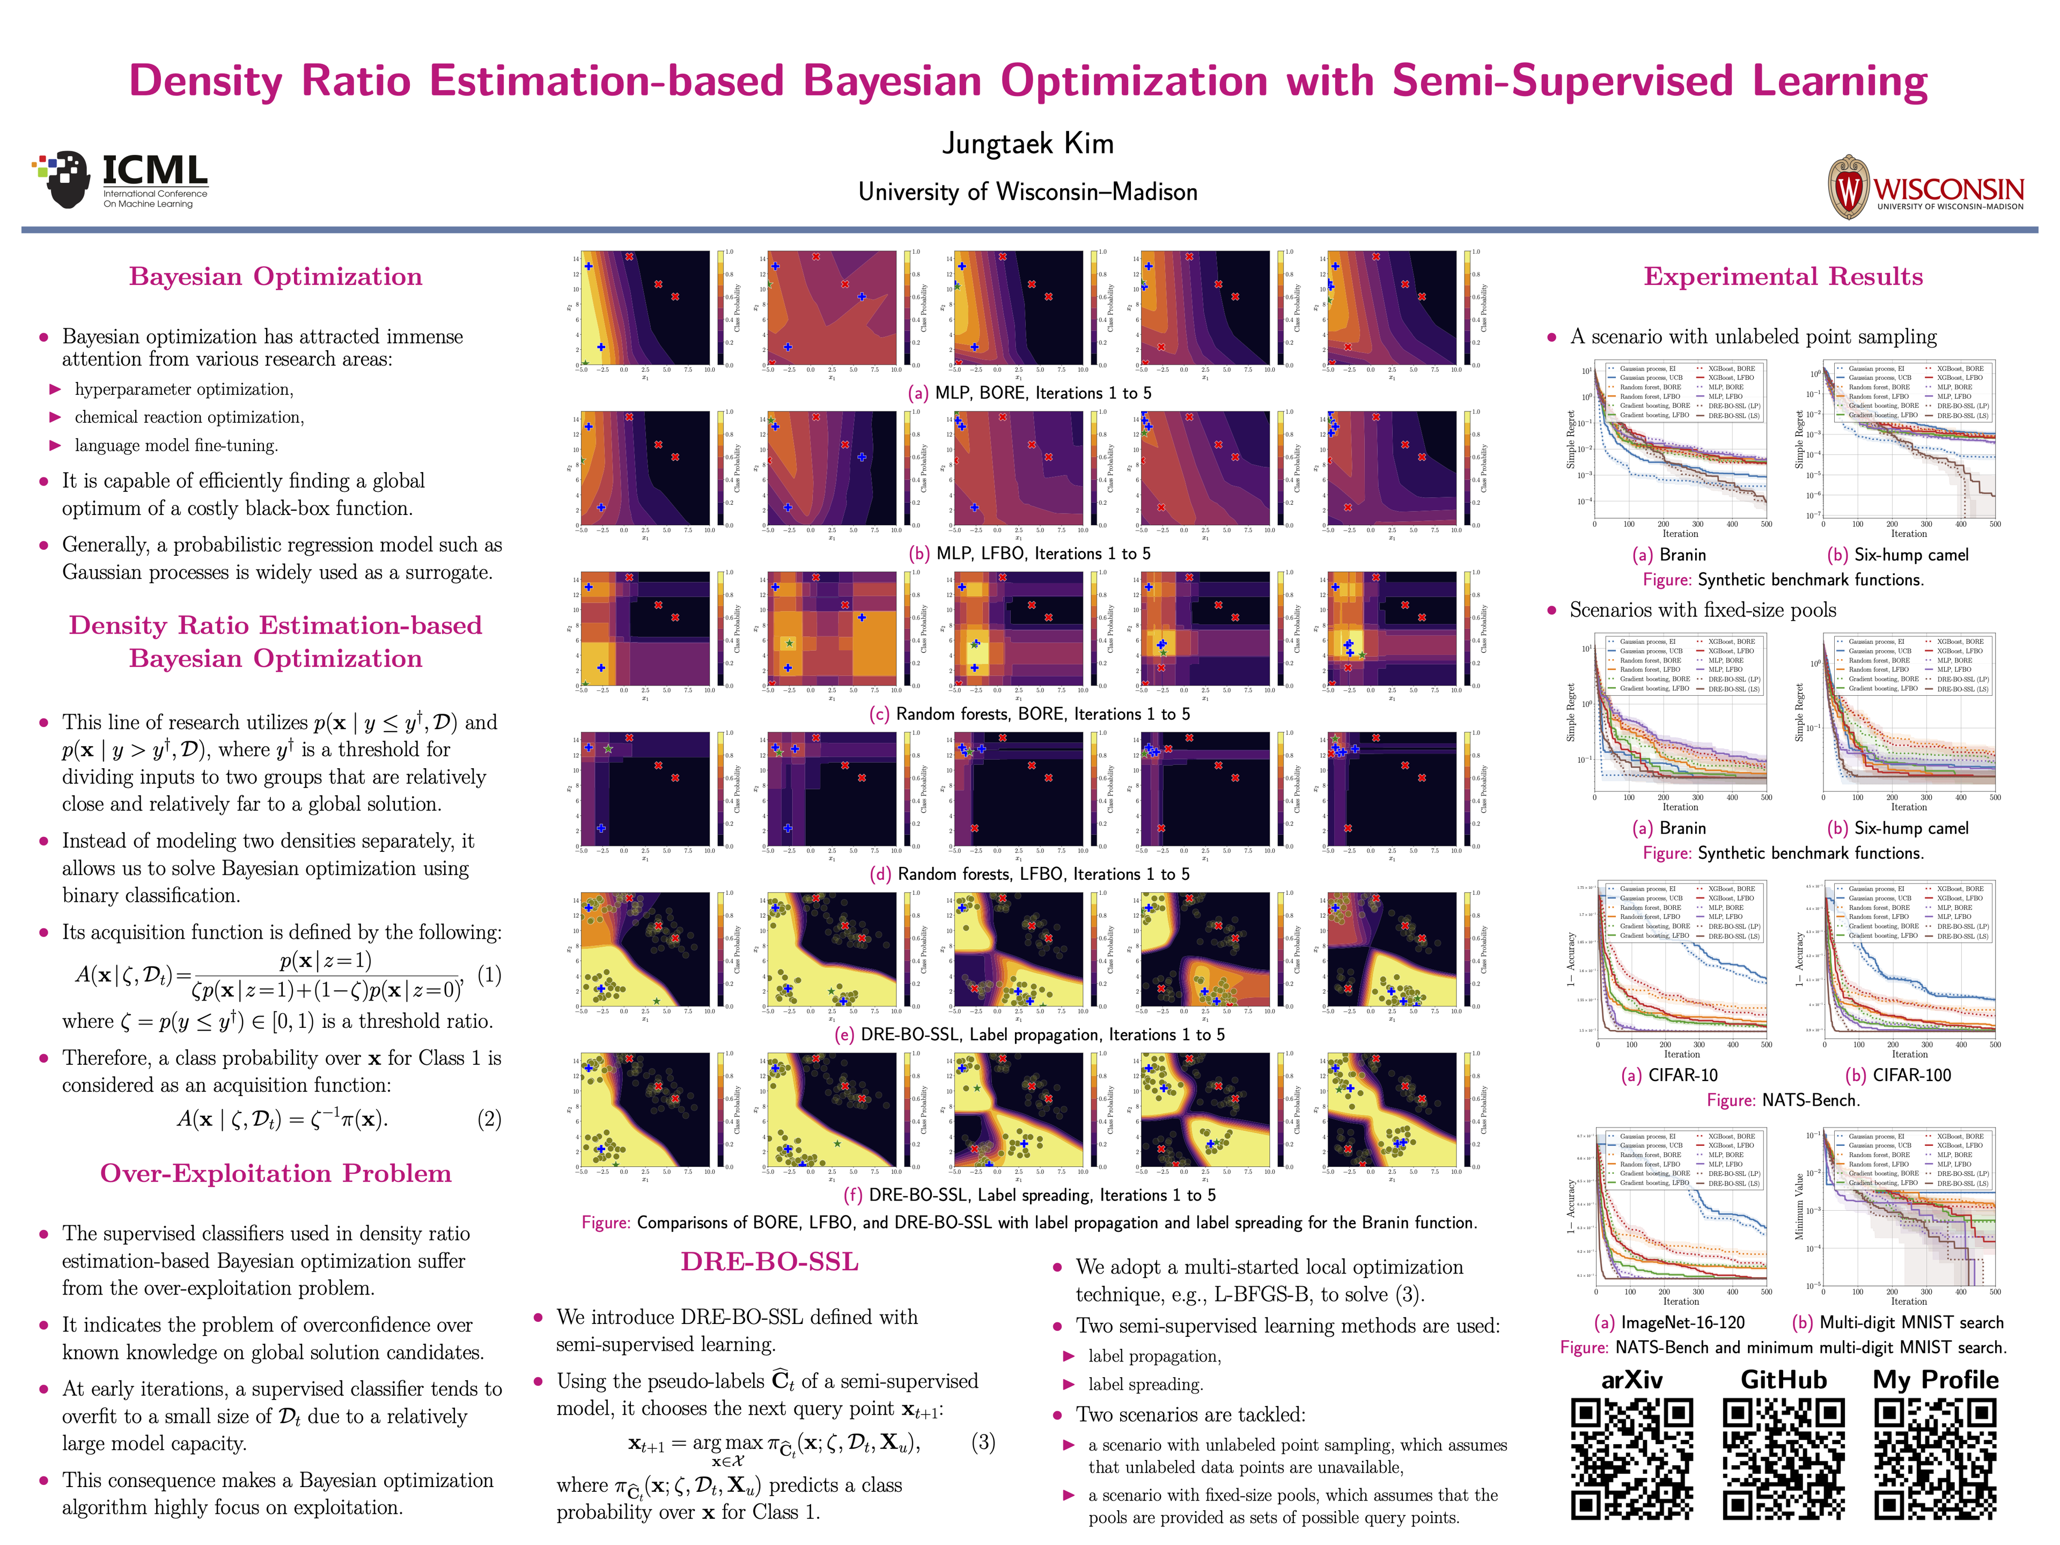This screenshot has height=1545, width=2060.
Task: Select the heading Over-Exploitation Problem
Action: coord(276,1173)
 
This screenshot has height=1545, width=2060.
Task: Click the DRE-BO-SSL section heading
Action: coord(769,1262)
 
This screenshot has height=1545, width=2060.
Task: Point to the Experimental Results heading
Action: coord(1783,277)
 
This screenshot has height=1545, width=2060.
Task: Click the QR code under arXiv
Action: coord(1631,1459)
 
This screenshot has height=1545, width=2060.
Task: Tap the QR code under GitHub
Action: coord(1783,1459)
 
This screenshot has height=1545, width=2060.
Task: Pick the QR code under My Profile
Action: coord(1935,1459)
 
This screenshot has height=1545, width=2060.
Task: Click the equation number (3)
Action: coord(982,1443)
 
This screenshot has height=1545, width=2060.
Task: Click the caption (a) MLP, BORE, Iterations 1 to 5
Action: coord(1029,393)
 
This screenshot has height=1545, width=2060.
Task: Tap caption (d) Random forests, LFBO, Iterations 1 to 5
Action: coord(1029,874)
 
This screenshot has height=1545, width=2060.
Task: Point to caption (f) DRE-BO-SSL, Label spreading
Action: coord(1029,1195)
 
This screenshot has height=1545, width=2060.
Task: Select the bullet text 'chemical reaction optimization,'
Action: coord(189,417)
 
